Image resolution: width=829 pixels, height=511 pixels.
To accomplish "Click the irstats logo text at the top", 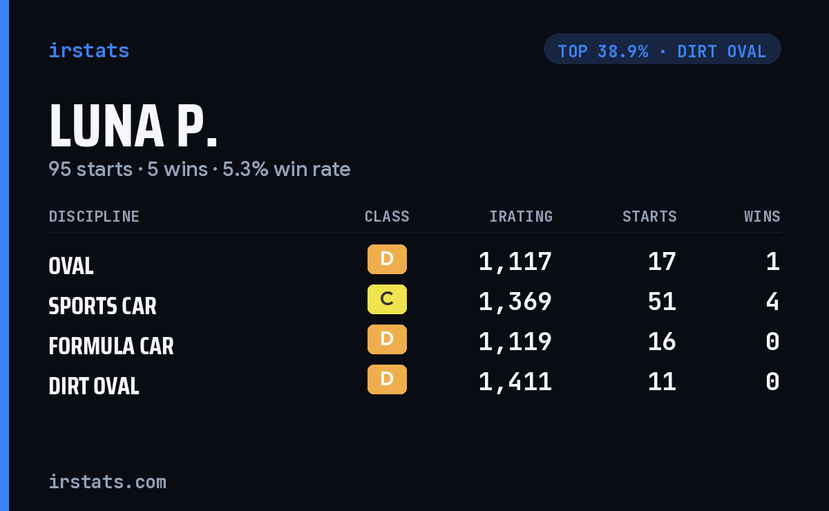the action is tap(89, 50).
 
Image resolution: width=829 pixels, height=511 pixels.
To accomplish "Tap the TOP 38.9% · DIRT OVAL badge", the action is tap(662, 49).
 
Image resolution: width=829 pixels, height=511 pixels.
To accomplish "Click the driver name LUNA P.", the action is tap(133, 126).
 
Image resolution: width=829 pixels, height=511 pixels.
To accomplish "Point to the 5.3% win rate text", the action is tap(286, 169).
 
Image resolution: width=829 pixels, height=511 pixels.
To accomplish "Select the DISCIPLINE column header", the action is tap(94, 216).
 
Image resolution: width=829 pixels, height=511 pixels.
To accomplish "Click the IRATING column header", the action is tap(521, 216).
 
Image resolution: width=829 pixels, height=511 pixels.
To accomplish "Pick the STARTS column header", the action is tap(649, 216).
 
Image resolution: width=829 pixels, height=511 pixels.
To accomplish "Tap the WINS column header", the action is tap(763, 216).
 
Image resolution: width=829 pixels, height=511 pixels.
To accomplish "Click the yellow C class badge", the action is tap(387, 299).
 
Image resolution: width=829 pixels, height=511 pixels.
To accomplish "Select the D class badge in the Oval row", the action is tap(387, 260).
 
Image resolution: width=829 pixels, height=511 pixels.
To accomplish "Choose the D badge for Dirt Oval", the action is tap(387, 379).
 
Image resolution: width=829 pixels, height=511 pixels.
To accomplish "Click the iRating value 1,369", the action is tap(515, 302).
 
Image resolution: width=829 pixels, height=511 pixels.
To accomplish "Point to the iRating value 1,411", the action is tap(515, 382).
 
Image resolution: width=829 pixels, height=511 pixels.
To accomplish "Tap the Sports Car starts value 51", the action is tap(662, 302).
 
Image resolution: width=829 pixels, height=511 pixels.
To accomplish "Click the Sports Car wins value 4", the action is tap(773, 302).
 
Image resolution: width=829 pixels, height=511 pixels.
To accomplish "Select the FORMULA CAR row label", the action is tap(111, 346).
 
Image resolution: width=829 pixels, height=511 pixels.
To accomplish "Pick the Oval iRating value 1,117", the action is tap(515, 262).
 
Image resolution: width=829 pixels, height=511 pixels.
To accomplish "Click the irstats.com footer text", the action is tap(107, 482).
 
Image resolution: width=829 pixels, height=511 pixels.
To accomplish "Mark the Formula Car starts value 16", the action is tap(662, 342).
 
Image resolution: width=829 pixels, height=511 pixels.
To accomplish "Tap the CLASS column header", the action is tap(387, 216).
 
